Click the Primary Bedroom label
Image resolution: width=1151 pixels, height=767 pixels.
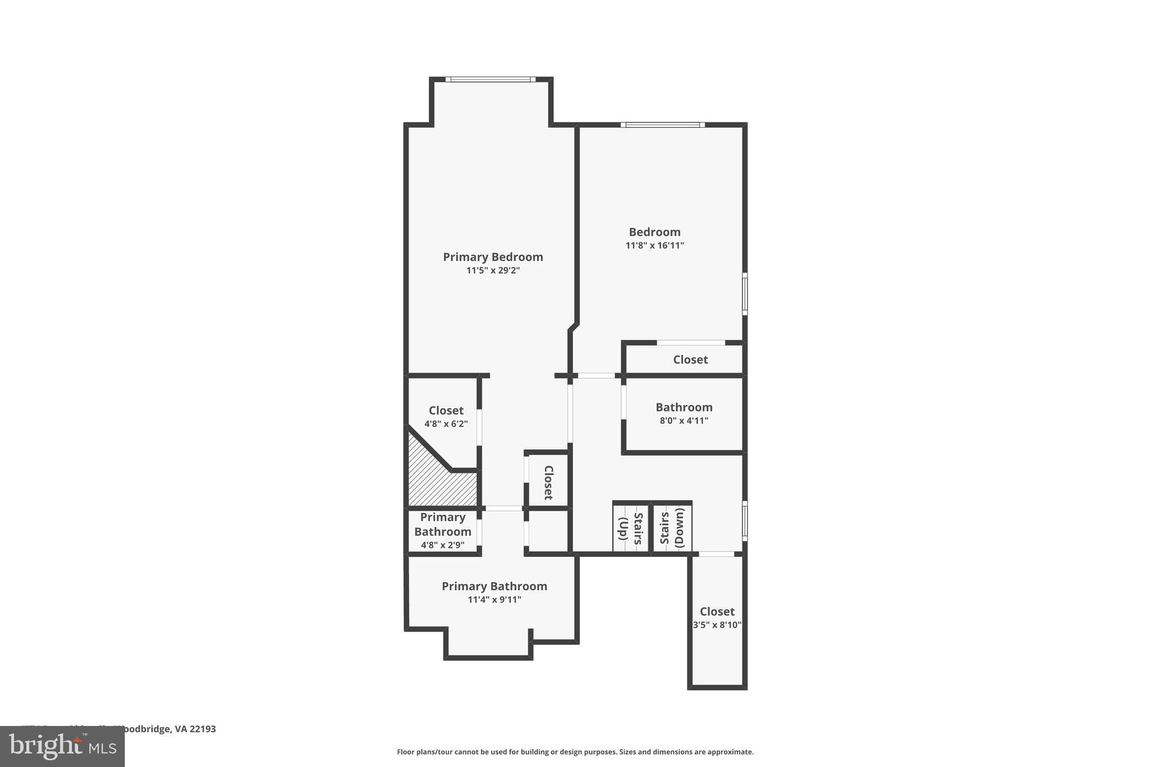[493, 257]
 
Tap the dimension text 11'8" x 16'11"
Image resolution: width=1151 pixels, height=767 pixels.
[655, 246]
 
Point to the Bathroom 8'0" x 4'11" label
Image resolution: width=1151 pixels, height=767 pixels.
[684, 413]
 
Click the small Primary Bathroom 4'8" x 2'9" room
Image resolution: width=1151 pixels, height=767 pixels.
[443, 531]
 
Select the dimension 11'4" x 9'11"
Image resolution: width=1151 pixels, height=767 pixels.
[495, 600]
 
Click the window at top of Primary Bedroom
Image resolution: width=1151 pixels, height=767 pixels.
[491, 79]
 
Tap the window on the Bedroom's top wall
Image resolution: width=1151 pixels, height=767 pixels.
[663, 125]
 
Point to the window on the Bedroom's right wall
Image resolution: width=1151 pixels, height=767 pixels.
[745, 293]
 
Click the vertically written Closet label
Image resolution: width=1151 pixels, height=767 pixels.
[549, 482]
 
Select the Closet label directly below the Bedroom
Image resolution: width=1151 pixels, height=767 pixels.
[690, 360]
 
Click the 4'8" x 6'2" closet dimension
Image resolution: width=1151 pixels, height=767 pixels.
[446, 424]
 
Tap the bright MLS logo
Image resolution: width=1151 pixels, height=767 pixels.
[62, 746]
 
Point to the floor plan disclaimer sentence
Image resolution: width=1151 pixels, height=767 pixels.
[575, 752]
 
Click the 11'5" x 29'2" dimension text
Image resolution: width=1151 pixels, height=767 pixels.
[493, 270]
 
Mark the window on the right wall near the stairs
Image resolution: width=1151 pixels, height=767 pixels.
[745, 521]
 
